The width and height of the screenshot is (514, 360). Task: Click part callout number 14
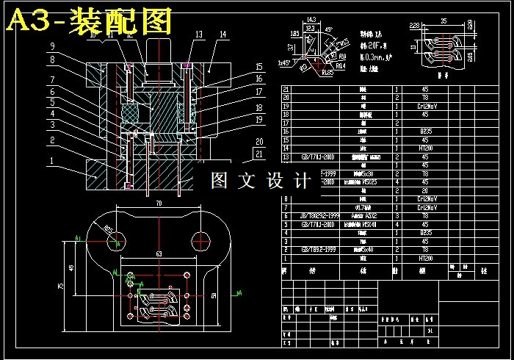tap(222, 34)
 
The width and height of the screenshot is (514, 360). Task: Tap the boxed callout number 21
tap(258, 154)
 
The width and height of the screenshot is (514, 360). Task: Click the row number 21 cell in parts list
tap(286, 90)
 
